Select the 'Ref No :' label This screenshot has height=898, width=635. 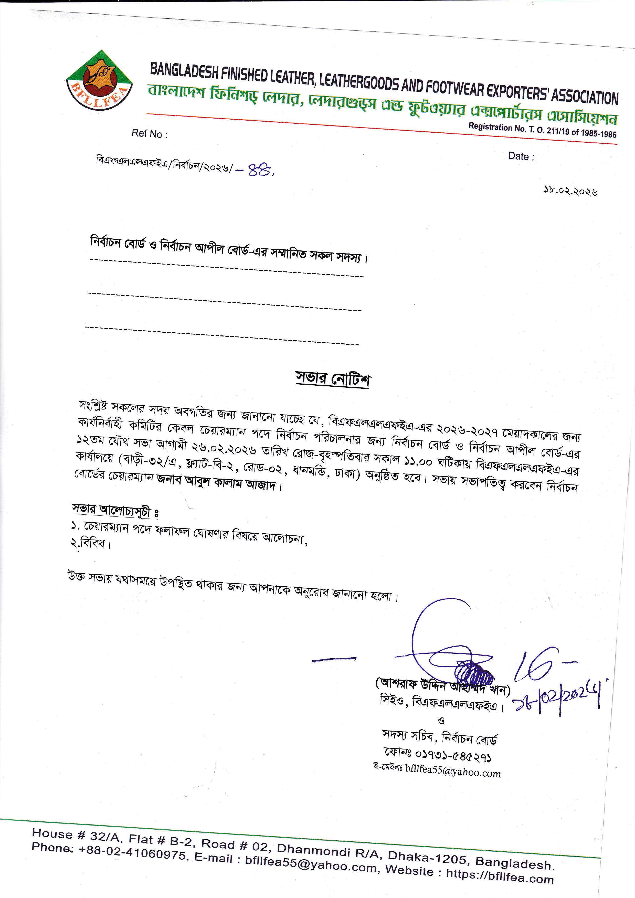[149, 134]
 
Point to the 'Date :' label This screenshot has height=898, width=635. [521, 156]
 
